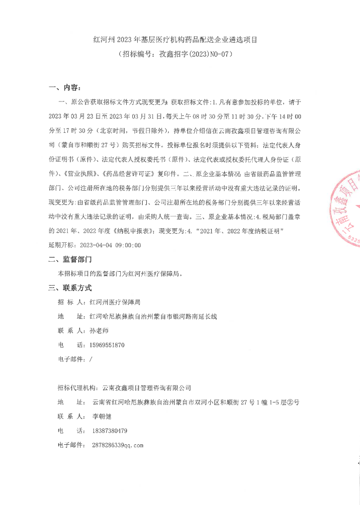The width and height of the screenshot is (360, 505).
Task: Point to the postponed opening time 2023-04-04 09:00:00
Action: pyautogui.click(x=110, y=245)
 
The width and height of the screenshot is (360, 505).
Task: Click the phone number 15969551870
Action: pyautogui.click(x=107, y=345)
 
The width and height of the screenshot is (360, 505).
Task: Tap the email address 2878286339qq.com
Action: pyautogui.click(x=117, y=445)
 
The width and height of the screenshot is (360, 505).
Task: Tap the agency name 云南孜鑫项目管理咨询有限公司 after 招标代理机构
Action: pyautogui.click(x=146, y=387)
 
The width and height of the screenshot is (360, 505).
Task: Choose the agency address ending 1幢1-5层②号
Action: pyautogui.click(x=195, y=402)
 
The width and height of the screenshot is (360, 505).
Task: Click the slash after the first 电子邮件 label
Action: pyautogui.click(x=90, y=359)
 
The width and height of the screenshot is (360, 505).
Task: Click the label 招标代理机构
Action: pyautogui.click(x=77, y=387)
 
